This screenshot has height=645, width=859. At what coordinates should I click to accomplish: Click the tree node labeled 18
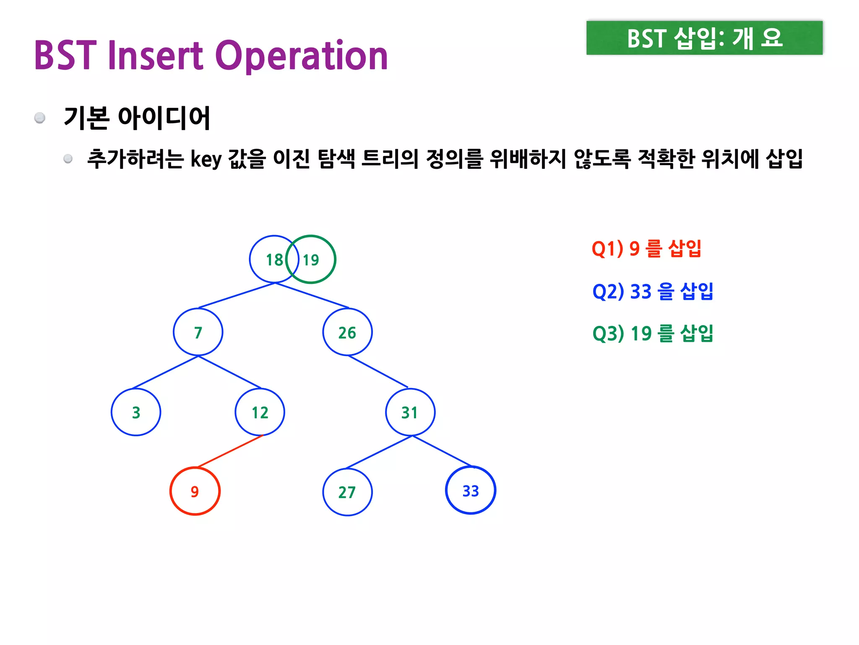[268, 260]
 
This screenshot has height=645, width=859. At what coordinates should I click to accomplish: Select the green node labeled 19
[315, 260]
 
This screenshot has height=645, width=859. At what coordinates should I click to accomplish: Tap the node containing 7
[198, 332]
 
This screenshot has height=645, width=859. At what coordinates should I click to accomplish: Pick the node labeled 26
[347, 332]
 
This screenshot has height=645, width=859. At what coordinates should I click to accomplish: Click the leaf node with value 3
[136, 412]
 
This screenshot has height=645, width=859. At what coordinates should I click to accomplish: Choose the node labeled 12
[260, 412]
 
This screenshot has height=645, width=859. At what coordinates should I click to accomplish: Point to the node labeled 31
[410, 412]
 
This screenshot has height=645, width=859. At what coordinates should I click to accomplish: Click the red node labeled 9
[195, 491]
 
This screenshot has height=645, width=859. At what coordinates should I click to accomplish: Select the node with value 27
[347, 492]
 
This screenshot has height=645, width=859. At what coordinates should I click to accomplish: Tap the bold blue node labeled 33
[471, 490]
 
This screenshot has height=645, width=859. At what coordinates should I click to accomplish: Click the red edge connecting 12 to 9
[230, 451]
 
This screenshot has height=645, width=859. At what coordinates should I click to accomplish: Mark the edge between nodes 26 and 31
[377, 371]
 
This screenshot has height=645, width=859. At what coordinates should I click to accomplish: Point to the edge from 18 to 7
[237, 296]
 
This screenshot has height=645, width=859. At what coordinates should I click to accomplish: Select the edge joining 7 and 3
[165, 372]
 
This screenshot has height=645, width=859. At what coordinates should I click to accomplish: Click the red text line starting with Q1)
[646, 249]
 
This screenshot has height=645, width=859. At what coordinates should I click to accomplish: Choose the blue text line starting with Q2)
[653, 291]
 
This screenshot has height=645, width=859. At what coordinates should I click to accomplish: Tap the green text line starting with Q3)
[653, 333]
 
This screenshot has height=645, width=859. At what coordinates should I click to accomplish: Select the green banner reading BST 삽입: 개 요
[704, 38]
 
